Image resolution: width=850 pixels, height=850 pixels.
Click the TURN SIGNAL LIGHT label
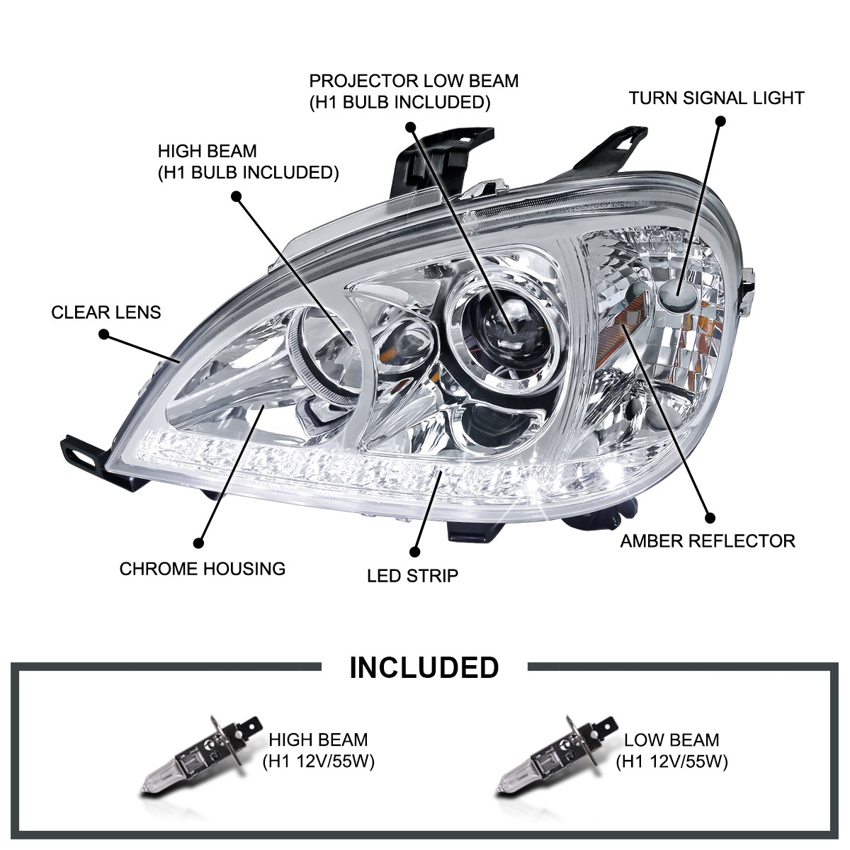tap(716, 98)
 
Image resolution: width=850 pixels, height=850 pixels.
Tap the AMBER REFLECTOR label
tap(698, 541)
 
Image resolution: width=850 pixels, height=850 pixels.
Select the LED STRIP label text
tap(412, 574)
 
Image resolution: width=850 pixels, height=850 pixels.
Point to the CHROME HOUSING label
tap(202, 568)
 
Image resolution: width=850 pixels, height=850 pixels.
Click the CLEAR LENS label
tap(106, 312)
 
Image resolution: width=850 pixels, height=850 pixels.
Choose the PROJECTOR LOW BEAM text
tap(414, 81)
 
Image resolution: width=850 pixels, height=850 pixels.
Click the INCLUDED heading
tap(424, 667)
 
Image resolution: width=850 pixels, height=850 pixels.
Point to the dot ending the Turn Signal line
tap(721, 121)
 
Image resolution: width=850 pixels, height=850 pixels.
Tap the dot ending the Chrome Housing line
tap(198, 543)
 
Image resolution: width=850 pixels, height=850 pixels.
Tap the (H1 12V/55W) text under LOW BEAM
tap(671, 761)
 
